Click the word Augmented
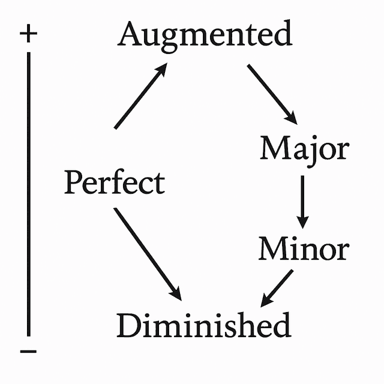(x=205, y=34)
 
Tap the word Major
(x=304, y=148)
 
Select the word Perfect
(x=114, y=182)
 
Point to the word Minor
(x=303, y=248)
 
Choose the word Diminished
(x=203, y=325)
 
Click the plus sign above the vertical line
(x=28, y=34)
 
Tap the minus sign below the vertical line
(x=28, y=350)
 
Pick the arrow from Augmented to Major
(x=272, y=93)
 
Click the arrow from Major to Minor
(x=303, y=201)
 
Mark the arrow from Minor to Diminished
(x=277, y=287)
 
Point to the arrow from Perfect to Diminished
(x=147, y=253)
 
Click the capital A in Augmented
(x=132, y=34)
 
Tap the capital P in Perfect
(x=74, y=182)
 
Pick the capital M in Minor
(x=273, y=248)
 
